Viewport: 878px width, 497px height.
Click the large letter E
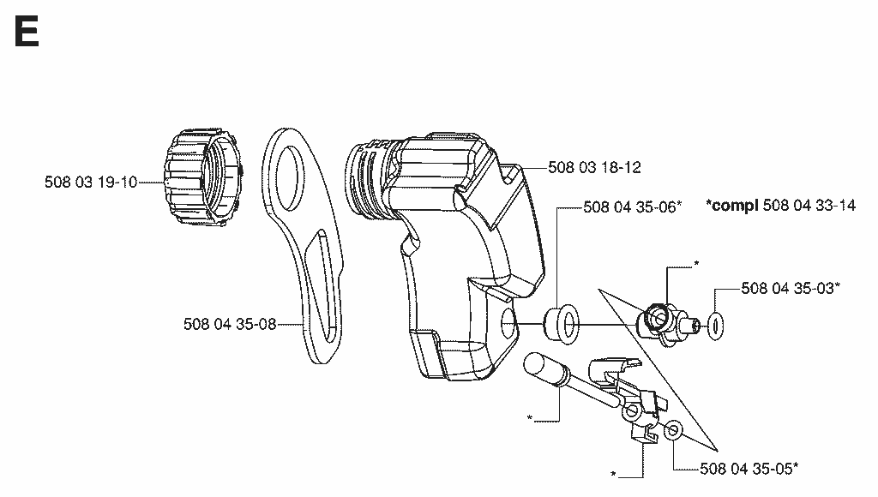27,32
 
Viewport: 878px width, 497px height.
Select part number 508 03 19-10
91,183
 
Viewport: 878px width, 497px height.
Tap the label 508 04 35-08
230,324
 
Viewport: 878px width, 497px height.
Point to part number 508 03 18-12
594,167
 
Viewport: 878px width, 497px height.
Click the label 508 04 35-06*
633,207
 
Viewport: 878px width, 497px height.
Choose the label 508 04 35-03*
791,288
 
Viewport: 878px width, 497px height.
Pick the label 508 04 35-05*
749,469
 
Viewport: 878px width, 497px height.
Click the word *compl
732,206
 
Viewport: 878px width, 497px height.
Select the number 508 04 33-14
809,206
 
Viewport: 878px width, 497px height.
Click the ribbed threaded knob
204,177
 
